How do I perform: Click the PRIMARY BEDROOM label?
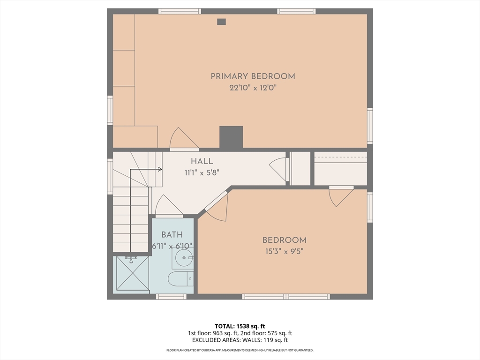click(253, 76)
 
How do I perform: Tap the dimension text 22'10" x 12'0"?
click(253, 88)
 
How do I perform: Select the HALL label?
click(202, 161)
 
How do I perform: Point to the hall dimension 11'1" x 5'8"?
click(202, 173)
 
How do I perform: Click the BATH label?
click(172, 235)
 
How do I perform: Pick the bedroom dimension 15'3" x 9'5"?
click(285, 252)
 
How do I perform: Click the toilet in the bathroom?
click(180, 278)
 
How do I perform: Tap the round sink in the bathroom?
click(182, 258)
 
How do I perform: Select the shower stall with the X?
click(133, 273)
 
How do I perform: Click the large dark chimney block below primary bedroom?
click(231, 137)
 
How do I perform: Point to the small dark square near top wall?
click(221, 22)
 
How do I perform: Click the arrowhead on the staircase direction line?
click(160, 169)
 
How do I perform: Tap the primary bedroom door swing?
click(184, 139)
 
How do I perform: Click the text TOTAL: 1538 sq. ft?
click(240, 326)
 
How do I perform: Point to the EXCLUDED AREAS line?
click(240, 340)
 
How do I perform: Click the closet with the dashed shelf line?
click(340, 168)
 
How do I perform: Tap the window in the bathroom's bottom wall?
click(171, 296)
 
